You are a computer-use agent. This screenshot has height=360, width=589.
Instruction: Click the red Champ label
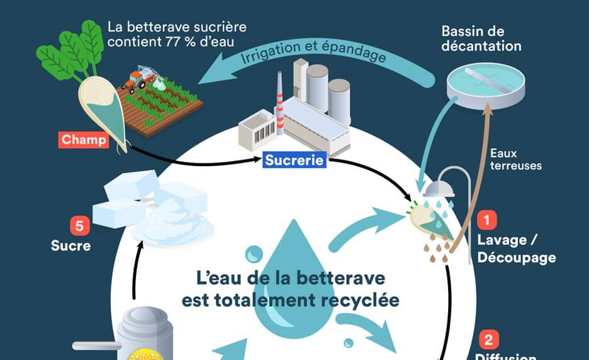pos(84,140)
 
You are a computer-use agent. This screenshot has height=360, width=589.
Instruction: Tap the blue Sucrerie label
pos(294,160)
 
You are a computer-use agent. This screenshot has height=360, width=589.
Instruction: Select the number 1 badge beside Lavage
pos(487,221)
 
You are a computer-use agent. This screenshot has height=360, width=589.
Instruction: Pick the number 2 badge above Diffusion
pos(487,340)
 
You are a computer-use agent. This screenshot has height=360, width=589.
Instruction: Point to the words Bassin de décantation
pos(481,38)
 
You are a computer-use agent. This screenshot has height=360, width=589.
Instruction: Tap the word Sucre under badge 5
pos(70,245)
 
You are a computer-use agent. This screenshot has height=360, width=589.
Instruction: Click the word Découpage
pos(516,257)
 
